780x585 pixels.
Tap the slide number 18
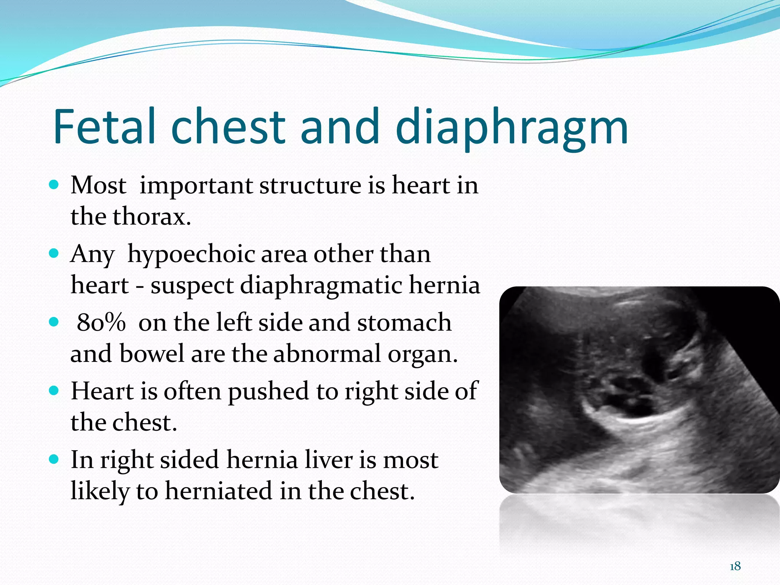[x=735, y=566]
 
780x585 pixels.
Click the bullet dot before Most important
[x=54, y=185]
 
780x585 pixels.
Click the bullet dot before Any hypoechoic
[x=54, y=254]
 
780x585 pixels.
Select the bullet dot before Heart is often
[x=54, y=391]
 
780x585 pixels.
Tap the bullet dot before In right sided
[x=54, y=459]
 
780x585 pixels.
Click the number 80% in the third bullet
[x=101, y=323]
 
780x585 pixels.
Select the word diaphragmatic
[x=321, y=286]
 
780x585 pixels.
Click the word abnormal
[x=327, y=354]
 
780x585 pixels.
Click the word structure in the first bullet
[x=310, y=185]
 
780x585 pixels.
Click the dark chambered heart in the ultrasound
[x=625, y=396]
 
